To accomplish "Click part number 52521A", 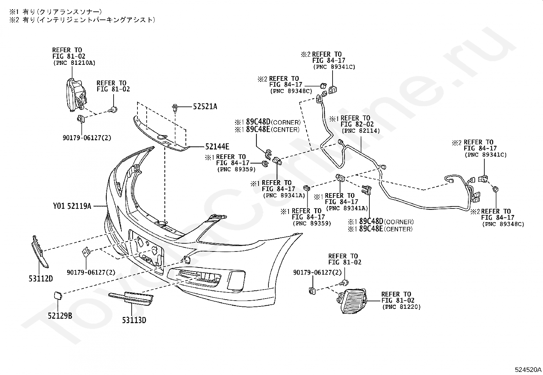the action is [x=205, y=106].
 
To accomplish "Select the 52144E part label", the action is [x=217, y=146].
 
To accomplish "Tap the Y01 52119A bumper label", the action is [x=72, y=206].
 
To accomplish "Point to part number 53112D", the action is [x=41, y=279].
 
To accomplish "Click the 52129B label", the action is [x=60, y=316].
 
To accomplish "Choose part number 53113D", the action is [x=134, y=320].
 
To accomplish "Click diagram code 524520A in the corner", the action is [x=528, y=370].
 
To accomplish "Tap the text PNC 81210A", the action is [x=74, y=63].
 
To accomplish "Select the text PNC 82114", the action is [x=361, y=131].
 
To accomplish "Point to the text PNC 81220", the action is [x=401, y=307].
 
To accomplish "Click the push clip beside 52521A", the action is [x=175, y=109].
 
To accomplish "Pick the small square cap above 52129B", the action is [x=58, y=295].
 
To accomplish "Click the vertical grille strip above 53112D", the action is [x=40, y=251].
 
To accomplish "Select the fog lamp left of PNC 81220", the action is [x=352, y=301].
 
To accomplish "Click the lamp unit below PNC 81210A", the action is [x=76, y=95].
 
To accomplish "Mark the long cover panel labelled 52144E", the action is [x=160, y=136].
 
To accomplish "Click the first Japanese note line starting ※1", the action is [x=56, y=12].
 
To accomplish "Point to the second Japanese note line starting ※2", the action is [x=82, y=20].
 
